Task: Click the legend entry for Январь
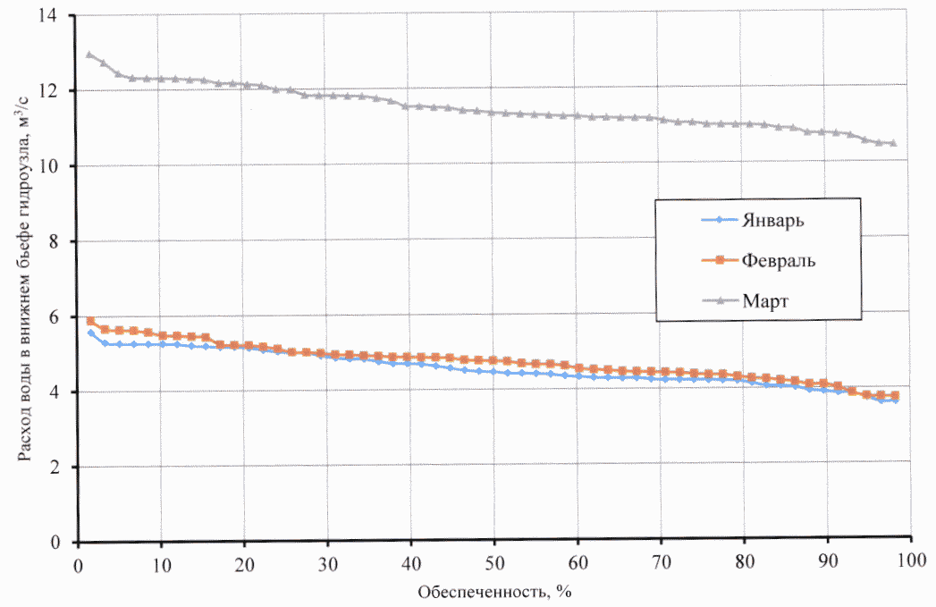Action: tap(776, 221)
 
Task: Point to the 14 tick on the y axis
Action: tap(58, 17)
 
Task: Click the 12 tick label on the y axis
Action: tap(58, 92)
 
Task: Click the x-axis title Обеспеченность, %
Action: tap(493, 591)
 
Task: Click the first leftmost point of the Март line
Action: tap(89, 55)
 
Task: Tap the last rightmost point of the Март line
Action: tap(893, 143)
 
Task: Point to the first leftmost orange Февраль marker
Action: tap(90, 321)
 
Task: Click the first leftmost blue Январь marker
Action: tap(90, 333)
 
